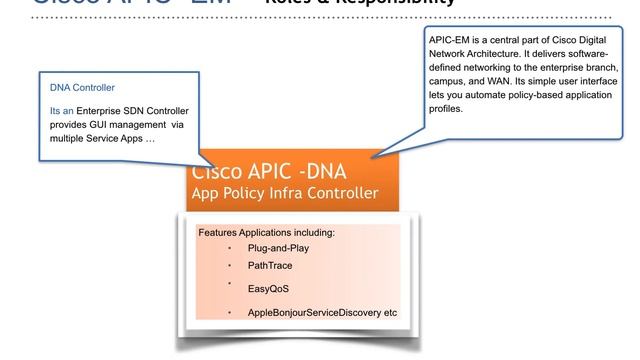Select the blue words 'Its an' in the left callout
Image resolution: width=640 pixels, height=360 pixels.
click(x=62, y=109)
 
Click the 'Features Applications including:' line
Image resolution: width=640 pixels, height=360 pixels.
click(x=266, y=233)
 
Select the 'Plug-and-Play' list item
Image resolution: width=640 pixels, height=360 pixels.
click(x=278, y=248)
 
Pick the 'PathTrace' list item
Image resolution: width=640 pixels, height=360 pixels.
click(x=270, y=266)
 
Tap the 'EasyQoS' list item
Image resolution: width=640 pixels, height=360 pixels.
click(x=268, y=290)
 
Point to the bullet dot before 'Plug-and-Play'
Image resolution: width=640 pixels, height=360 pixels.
click(x=228, y=248)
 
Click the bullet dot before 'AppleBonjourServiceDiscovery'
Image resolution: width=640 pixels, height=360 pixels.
click(x=228, y=313)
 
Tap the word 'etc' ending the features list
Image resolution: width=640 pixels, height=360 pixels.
click(x=389, y=313)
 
